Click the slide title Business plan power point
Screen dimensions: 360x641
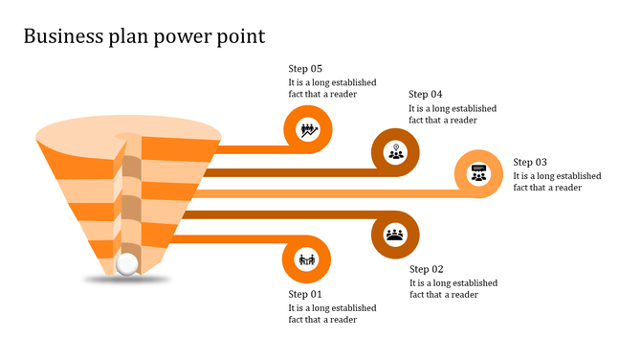[x=144, y=36]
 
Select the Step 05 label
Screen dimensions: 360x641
[x=305, y=69]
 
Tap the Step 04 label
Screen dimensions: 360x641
[x=425, y=94]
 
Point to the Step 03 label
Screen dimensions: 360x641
[x=530, y=163]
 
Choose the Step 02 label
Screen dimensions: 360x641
[x=426, y=269]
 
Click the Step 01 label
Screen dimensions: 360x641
[x=305, y=294]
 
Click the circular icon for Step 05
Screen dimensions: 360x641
[x=307, y=128]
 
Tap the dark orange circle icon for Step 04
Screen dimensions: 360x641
[x=395, y=151]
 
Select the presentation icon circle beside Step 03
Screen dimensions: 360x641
[x=478, y=174]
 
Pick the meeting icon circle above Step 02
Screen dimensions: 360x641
[x=394, y=235]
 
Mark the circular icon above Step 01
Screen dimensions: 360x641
[x=307, y=259]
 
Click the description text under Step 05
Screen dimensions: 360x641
[x=332, y=88]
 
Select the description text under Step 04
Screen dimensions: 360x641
[x=453, y=114]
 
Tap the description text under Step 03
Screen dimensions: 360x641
[x=557, y=182]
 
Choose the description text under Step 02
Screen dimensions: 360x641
[x=453, y=288]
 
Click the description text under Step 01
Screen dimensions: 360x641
[x=332, y=314]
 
